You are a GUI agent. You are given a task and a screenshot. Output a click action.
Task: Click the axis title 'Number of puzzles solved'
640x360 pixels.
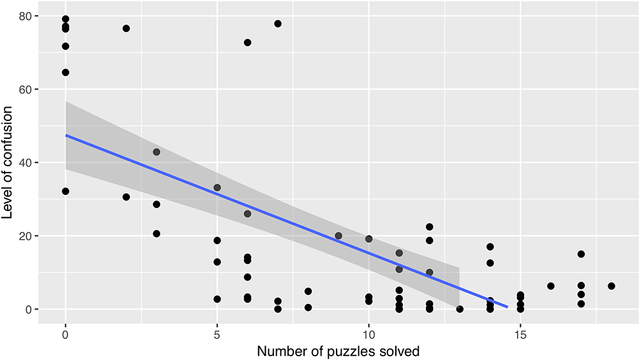pos(338,350)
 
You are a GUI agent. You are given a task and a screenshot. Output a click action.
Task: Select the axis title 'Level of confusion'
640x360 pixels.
pos(8,162)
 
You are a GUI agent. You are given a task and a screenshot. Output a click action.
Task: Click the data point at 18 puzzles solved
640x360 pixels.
pos(611,286)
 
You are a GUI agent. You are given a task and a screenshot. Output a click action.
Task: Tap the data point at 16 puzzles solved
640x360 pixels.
pos(551,286)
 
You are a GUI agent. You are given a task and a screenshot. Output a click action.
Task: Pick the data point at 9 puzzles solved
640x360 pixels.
pos(338,236)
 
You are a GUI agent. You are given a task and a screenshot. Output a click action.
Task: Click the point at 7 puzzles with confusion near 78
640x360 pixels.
pos(278,24)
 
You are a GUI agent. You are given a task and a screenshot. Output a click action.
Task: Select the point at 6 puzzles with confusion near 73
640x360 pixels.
pos(247,43)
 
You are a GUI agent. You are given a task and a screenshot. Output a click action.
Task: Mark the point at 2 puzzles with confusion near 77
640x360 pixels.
pos(126,28)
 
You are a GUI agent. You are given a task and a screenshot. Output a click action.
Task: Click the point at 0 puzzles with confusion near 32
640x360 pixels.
pos(65,191)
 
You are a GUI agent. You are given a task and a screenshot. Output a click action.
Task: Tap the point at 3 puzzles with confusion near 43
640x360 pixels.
pos(156,152)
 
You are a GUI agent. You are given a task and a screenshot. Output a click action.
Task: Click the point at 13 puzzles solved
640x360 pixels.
pos(460,309)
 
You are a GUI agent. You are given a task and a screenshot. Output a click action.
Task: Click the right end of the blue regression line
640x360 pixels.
pos(507,307)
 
